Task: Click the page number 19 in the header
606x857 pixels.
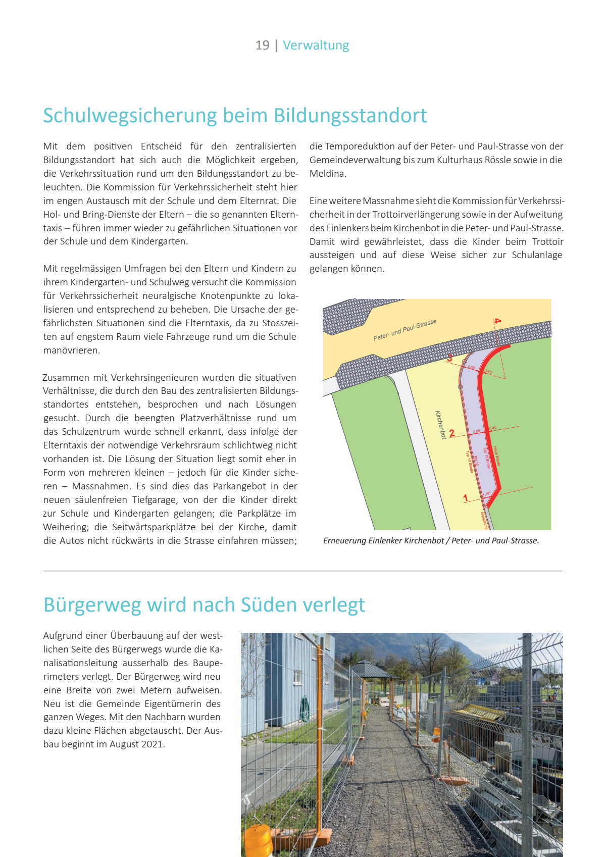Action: (x=262, y=45)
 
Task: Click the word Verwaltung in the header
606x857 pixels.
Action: (x=316, y=45)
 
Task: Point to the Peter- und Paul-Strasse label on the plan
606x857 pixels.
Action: (x=405, y=330)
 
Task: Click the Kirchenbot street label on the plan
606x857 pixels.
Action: (x=440, y=424)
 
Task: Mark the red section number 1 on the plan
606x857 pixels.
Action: (x=466, y=498)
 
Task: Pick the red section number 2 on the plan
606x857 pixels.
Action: (x=452, y=433)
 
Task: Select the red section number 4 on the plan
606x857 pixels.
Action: (x=497, y=321)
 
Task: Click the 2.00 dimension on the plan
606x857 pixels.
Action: (x=476, y=432)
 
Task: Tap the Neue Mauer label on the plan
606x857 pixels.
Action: (x=497, y=456)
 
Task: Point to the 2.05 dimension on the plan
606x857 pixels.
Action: (x=471, y=367)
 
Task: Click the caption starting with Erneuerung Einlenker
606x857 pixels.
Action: (x=431, y=541)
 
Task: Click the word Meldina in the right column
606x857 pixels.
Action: (x=327, y=174)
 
